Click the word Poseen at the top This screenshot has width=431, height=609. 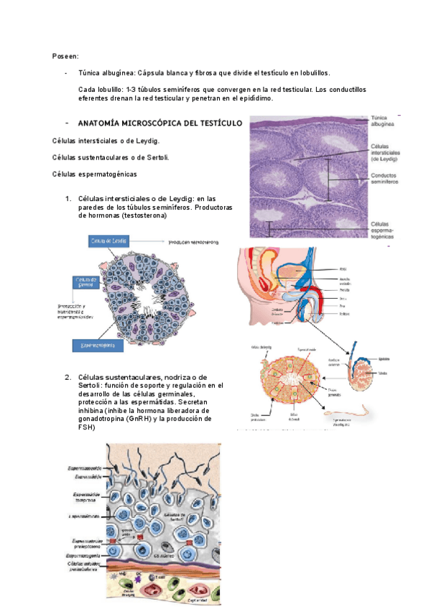click(x=66, y=56)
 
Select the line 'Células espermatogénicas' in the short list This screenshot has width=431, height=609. click(x=95, y=175)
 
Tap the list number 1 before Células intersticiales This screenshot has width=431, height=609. click(x=67, y=198)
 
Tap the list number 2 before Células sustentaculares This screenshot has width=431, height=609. click(x=67, y=377)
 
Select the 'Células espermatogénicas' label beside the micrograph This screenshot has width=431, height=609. click(x=386, y=228)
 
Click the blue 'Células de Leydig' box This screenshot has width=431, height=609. click(x=108, y=241)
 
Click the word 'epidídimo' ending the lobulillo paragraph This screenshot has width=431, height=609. click(x=251, y=99)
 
